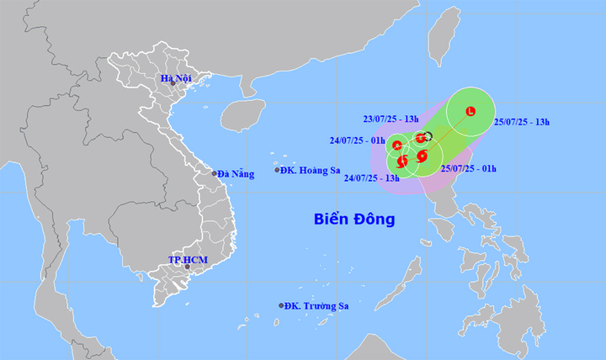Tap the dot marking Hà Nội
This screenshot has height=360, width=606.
173,83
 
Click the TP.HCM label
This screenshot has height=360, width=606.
187,260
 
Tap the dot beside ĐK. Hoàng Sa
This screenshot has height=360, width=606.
278,171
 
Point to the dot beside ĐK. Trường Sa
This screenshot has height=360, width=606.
281,306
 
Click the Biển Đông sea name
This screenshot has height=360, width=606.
354,220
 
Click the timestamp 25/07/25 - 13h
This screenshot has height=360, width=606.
523,123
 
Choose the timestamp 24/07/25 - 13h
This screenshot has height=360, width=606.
371,178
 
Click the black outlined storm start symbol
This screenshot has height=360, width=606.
428,136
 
